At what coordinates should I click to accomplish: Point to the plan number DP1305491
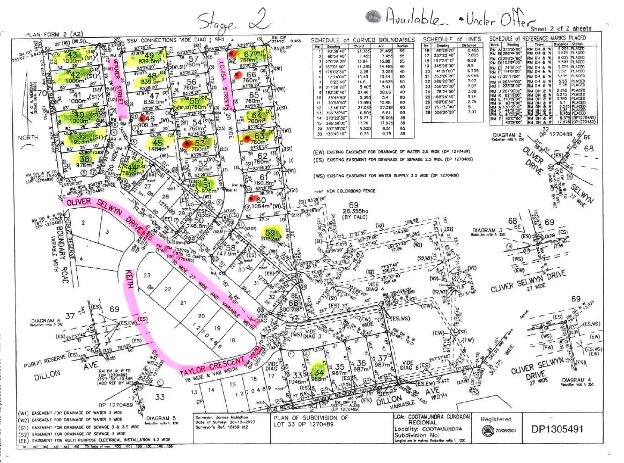563,429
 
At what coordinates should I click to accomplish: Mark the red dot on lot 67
231,54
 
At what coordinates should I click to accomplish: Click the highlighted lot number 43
73,55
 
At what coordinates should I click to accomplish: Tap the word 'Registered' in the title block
495,420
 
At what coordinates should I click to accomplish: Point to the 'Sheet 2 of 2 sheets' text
562,28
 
